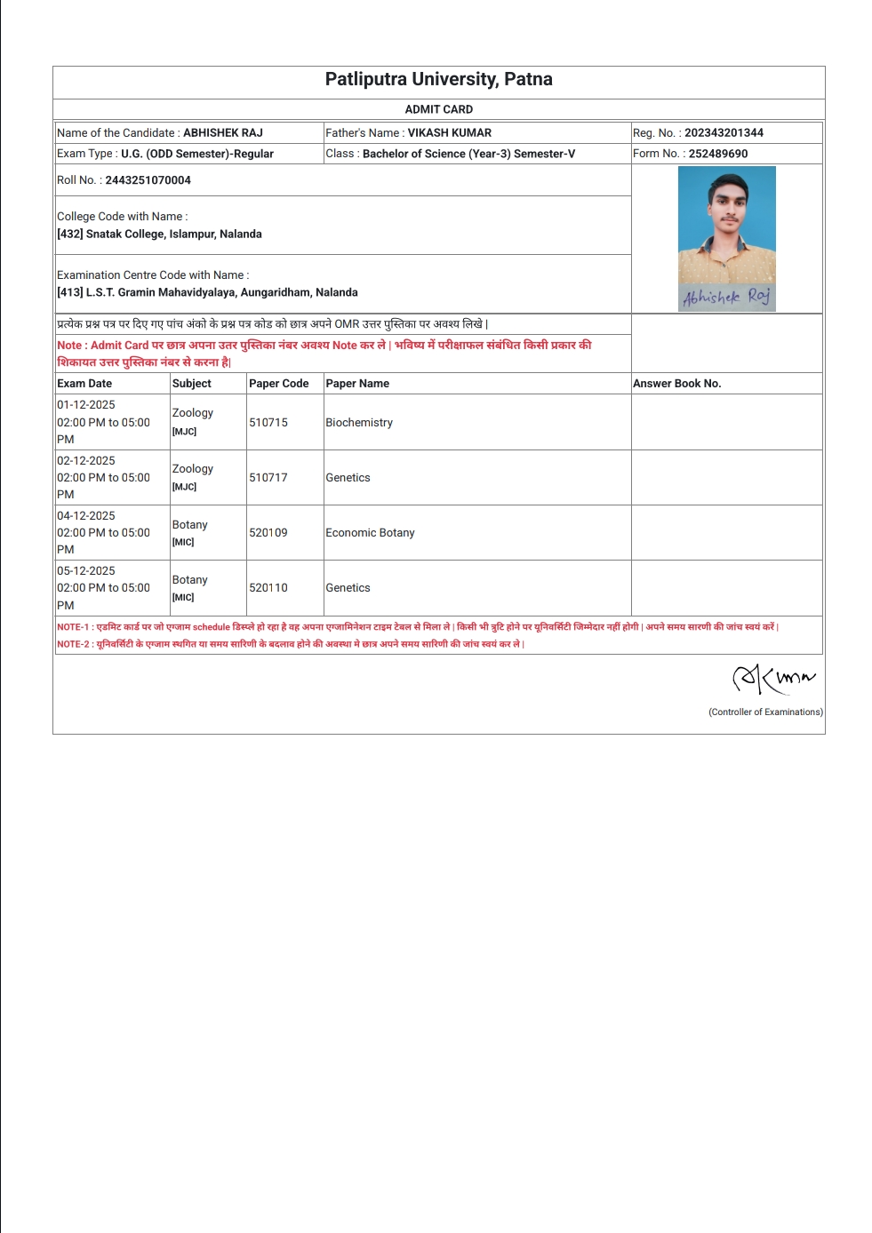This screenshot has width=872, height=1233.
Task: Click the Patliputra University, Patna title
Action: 438,79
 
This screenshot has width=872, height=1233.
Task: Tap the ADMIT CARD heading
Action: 438,109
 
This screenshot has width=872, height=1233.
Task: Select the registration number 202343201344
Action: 724,133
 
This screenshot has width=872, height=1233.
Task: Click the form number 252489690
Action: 717,154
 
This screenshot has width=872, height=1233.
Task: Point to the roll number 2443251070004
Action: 148,180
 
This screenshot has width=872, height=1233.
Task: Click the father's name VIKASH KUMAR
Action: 449,133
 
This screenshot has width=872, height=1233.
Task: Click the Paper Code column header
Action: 278,384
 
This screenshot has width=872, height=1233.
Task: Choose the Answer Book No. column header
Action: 676,384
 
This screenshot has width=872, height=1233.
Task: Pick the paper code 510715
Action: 268,423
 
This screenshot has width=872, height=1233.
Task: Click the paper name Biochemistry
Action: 359,423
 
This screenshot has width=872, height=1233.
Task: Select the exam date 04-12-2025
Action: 86,516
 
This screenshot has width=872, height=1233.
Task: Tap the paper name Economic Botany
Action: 370,533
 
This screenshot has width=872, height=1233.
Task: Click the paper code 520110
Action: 268,588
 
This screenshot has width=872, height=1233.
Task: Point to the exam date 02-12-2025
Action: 86,461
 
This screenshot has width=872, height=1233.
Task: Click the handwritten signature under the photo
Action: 726,297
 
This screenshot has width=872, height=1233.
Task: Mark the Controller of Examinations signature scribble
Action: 772,679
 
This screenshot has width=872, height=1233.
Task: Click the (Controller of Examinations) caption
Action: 765,712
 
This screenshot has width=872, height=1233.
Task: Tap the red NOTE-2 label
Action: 74,644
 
